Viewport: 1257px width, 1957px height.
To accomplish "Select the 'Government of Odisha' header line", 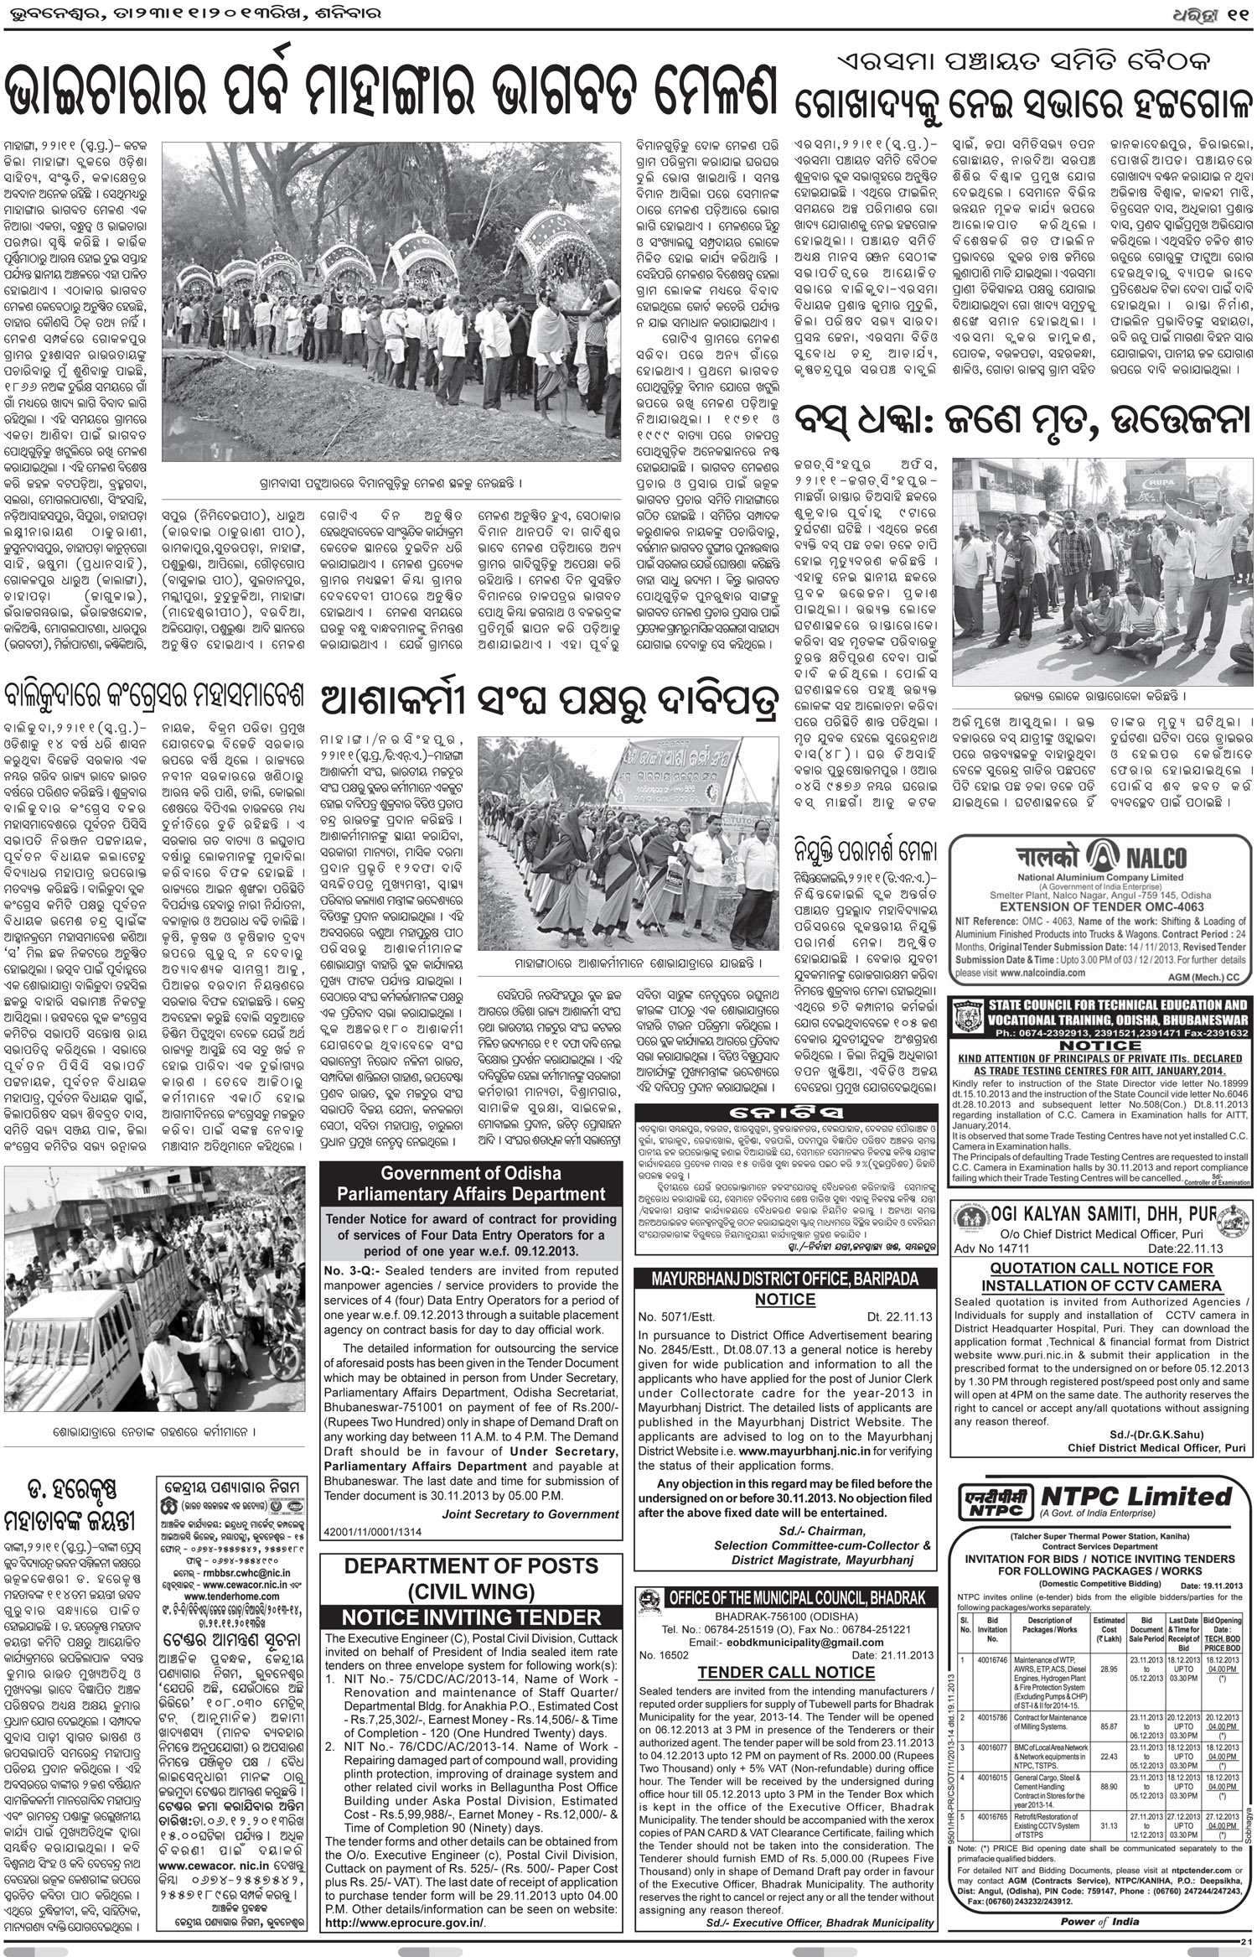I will (x=470, y=1173).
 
